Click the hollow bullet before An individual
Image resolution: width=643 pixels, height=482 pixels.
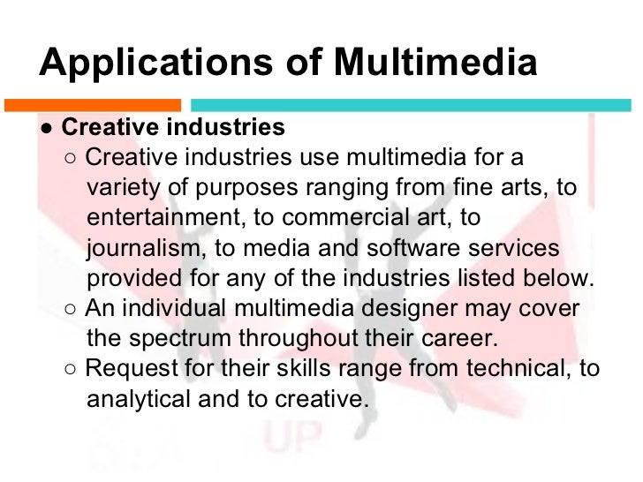(71, 310)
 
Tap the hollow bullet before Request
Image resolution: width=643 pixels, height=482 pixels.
(71, 370)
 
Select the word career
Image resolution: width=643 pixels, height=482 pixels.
(464, 338)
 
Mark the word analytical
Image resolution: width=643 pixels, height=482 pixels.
(143, 399)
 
